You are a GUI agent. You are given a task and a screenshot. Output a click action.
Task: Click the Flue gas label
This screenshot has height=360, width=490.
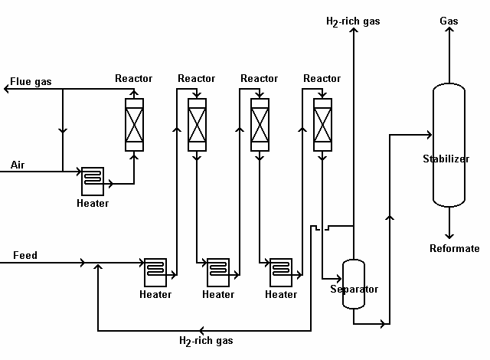[x=31, y=81]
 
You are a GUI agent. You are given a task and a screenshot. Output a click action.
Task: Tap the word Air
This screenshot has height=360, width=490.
[x=18, y=165]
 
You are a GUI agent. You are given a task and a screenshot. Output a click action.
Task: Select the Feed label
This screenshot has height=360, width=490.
[x=24, y=255]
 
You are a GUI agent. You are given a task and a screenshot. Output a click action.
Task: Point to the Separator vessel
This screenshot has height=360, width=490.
[x=354, y=283]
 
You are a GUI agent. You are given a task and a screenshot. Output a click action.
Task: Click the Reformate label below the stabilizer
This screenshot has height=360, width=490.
[x=454, y=248]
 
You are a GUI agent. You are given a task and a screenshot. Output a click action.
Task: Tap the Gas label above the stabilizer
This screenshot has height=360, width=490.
[x=449, y=21]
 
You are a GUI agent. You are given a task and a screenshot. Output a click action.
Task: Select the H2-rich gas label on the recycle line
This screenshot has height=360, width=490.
[x=206, y=341]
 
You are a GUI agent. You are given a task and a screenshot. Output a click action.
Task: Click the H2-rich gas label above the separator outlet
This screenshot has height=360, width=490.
[x=353, y=21]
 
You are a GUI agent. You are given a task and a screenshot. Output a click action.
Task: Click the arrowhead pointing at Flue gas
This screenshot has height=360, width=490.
[x=7, y=90]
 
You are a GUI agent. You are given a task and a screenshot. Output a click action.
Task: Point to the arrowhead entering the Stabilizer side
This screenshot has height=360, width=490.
[x=429, y=135]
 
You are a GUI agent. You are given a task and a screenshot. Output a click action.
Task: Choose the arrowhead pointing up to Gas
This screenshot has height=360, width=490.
[x=449, y=33]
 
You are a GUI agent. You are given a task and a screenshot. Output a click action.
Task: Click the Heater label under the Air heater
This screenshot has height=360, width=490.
[x=93, y=204]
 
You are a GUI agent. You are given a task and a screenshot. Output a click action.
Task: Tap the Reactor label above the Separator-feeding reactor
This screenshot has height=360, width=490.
[x=322, y=78]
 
